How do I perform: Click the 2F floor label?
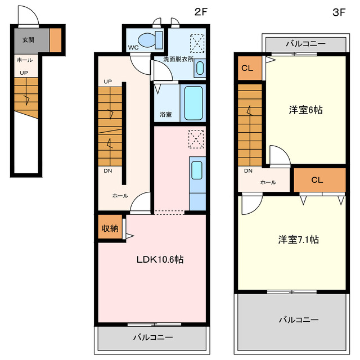click(x=201, y=11)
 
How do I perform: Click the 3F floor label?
click(x=339, y=11)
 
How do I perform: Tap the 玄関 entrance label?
click(x=28, y=40)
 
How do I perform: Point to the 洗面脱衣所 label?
click(x=178, y=58)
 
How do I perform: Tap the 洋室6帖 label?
click(x=305, y=110)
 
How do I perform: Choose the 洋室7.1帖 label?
click(x=298, y=239)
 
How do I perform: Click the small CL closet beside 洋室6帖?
click(x=247, y=68)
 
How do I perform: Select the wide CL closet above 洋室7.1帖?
click(x=317, y=180)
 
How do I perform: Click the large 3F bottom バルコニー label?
click(x=298, y=319)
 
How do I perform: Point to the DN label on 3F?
click(x=247, y=171)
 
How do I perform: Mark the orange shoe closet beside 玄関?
click(x=55, y=39)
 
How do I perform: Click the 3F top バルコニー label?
click(x=305, y=43)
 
